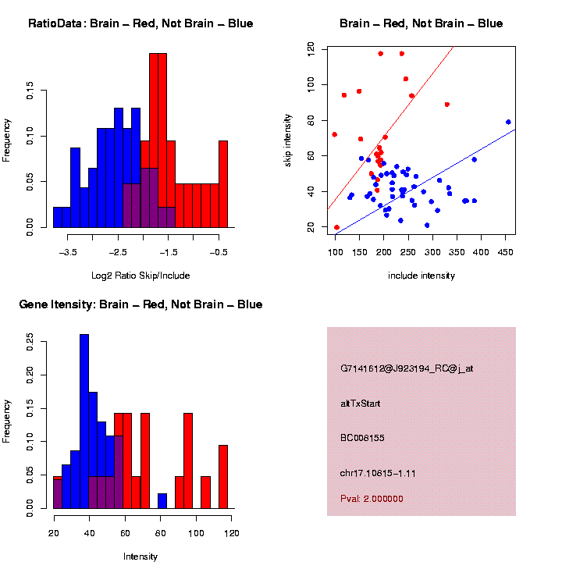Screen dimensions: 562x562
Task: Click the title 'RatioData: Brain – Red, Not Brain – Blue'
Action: pos(140,23)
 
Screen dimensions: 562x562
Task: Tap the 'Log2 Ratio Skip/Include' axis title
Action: pos(140,276)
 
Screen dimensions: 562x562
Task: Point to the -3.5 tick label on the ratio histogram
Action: pos(69,252)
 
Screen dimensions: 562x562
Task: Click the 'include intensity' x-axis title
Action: pos(421,276)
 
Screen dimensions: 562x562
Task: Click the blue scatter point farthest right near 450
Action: pos(508,122)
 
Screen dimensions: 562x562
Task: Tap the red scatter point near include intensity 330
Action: pos(446,104)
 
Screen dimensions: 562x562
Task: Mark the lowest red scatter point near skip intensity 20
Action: pos(336,227)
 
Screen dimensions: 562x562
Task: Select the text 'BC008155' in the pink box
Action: pos(361,438)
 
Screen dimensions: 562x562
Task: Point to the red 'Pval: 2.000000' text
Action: pos(372,499)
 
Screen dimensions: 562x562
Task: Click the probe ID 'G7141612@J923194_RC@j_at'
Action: pos(406,368)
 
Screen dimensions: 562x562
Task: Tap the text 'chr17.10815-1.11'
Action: pos(377,473)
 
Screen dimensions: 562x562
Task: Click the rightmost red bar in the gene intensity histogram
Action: pos(223,477)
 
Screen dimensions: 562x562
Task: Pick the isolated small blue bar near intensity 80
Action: pos(162,501)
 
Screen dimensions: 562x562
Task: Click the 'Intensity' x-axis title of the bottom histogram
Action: pos(140,557)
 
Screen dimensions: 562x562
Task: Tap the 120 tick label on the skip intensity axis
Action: pos(311,48)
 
